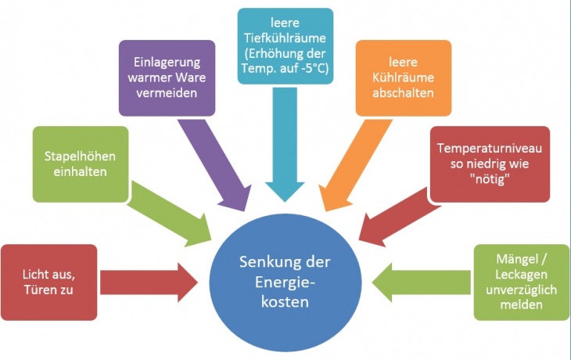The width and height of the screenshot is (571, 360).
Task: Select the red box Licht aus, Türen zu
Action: [49, 283]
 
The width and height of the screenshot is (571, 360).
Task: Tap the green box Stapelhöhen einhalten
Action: [80, 163]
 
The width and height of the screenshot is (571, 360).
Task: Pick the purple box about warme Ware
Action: [167, 77]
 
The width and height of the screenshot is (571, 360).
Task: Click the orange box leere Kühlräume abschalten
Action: [404, 77]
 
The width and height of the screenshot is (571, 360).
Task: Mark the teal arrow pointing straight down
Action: [283, 157]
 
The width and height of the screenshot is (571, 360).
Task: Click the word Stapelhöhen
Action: [80, 155]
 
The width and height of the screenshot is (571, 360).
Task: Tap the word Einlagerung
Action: [167, 62]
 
